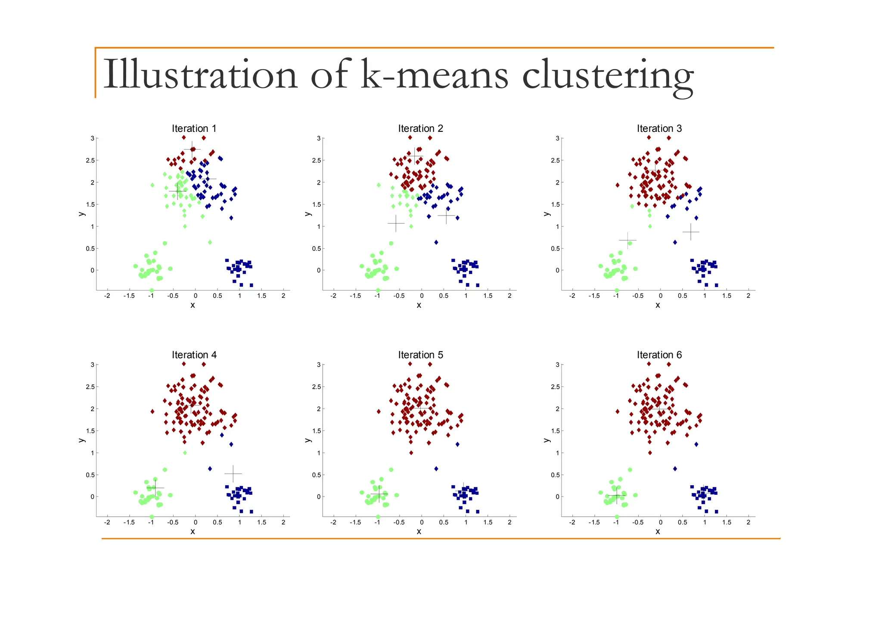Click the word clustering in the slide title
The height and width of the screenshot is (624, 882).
(607, 75)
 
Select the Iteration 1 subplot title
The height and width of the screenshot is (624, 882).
(194, 128)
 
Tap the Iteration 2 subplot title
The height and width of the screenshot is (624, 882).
(420, 128)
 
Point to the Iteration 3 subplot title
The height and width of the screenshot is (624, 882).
(659, 128)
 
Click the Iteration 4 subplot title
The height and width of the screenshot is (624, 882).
(194, 355)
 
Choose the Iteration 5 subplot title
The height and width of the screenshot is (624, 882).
(420, 355)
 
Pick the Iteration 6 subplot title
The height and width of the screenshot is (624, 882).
(659, 355)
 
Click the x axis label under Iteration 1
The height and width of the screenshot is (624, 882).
(193, 305)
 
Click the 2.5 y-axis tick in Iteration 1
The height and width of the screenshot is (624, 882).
(90, 160)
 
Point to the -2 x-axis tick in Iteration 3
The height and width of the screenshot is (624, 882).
(571, 296)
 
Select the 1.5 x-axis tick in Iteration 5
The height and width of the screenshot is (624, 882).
(488, 522)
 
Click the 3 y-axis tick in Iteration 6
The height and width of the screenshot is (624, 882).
(557, 365)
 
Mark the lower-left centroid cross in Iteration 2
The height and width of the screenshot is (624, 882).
(396, 223)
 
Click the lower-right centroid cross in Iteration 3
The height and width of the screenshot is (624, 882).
(690, 232)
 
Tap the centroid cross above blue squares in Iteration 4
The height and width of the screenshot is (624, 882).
(233, 474)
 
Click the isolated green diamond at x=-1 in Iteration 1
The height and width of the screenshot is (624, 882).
(152, 185)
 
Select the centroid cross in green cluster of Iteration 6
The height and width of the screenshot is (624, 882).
(616, 495)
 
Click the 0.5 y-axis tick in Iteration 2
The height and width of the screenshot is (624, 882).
(317, 249)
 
